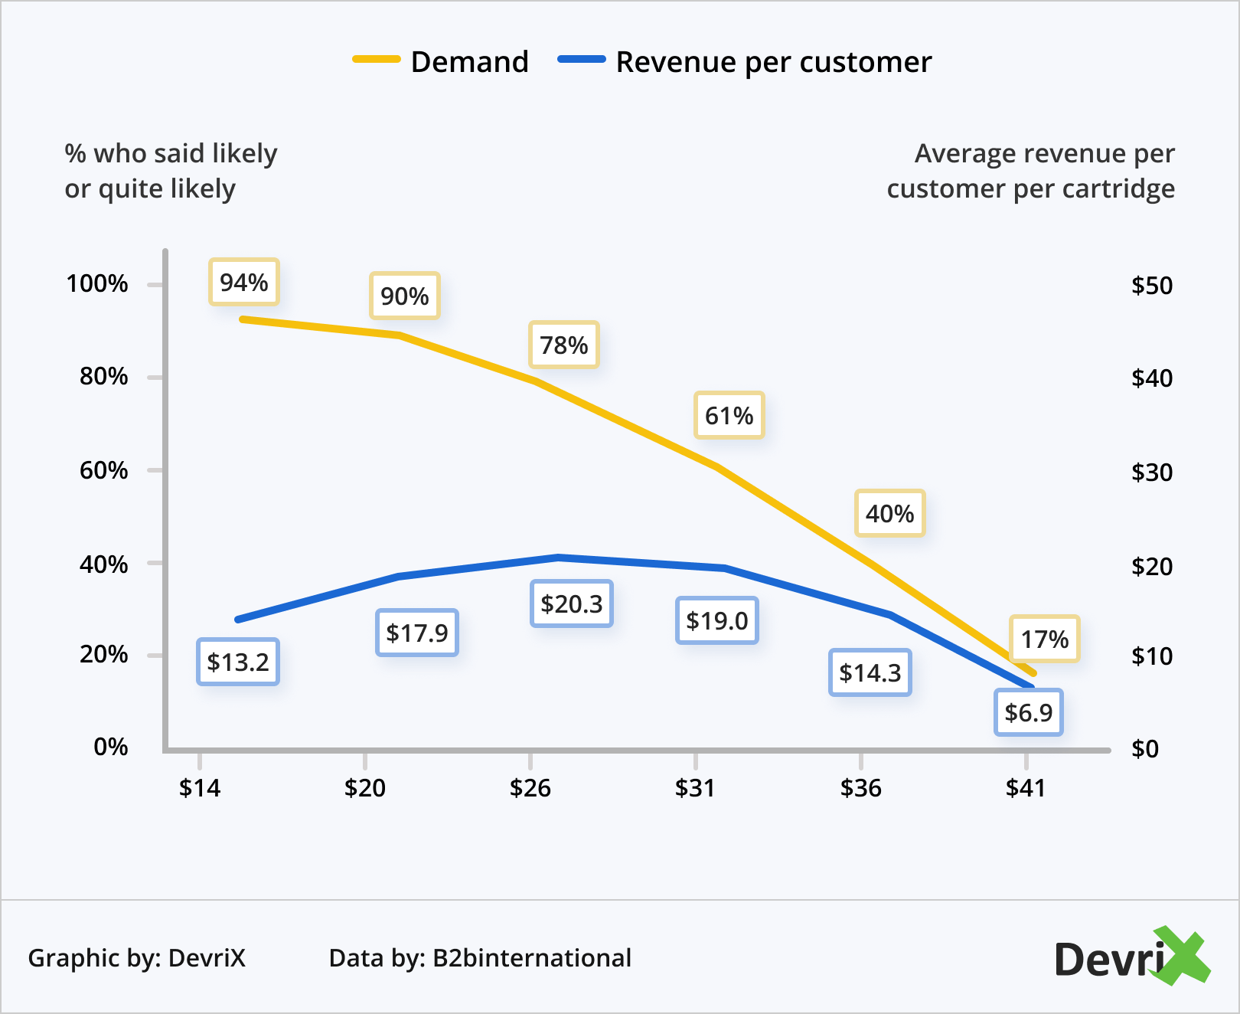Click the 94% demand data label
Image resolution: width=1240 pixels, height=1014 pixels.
click(x=244, y=283)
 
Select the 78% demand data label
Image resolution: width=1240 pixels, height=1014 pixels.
click(x=564, y=345)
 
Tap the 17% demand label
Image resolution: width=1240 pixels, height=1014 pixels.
click(x=1045, y=639)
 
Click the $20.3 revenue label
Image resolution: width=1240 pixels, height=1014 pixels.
click(x=572, y=604)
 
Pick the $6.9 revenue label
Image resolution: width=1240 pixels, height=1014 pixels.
click(x=1029, y=713)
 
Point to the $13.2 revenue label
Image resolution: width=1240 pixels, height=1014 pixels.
click(x=238, y=662)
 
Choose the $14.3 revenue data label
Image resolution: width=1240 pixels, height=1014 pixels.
click(x=870, y=673)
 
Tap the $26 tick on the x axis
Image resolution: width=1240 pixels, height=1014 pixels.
click(x=530, y=788)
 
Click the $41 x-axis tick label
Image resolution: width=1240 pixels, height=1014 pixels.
click(x=1026, y=788)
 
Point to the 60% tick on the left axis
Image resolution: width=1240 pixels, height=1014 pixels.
click(x=103, y=470)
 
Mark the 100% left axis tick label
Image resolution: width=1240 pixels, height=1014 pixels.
click(x=97, y=284)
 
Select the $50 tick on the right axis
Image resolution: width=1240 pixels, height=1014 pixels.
click(x=1152, y=286)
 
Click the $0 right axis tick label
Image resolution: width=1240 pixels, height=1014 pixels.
click(x=1145, y=749)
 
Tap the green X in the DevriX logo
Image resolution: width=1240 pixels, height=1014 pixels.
click(x=1180, y=955)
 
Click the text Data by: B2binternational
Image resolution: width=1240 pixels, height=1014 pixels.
click(x=480, y=958)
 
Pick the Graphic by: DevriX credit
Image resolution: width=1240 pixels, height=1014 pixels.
click(x=137, y=958)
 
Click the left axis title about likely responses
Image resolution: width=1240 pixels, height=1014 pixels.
click(x=171, y=171)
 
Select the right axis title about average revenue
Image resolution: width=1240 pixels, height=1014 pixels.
click(x=1031, y=171)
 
